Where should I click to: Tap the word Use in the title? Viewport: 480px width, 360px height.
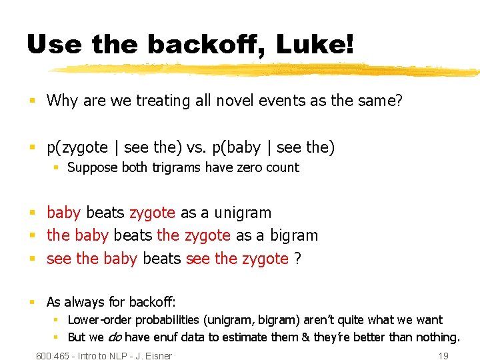coord(53,45)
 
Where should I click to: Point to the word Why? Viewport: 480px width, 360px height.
coord(62,101)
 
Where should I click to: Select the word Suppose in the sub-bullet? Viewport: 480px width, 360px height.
coord(91,168)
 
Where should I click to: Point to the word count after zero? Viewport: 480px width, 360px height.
coord(283,168)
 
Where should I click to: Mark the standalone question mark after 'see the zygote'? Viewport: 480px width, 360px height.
coord(297,259)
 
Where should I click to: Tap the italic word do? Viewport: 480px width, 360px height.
coord(115,337)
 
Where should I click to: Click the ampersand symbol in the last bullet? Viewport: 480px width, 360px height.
coord(306,337)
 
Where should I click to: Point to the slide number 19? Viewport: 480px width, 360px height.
coord(443,356)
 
